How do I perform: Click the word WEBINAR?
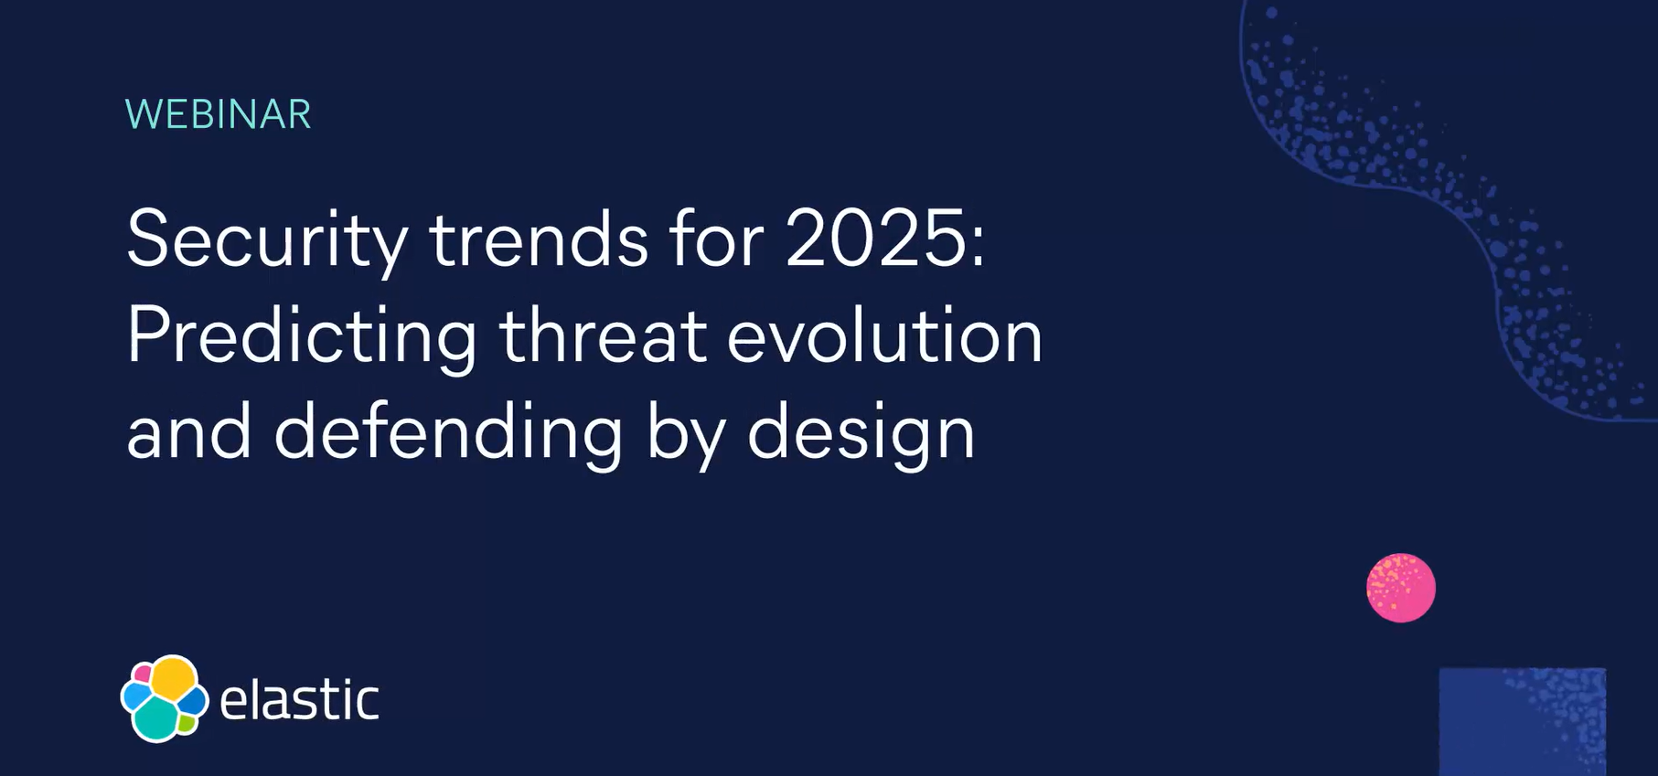point(218,114)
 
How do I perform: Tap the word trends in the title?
point(539,239)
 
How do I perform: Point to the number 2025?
point(873,239)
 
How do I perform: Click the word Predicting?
point(302,337)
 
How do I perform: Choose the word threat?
point(603,335)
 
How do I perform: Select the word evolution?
point(884,335)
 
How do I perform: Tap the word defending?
point(448,432)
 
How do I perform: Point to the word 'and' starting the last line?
point(188,432)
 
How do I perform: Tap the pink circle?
point(1400,588)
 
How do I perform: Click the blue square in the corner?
point(1522,721)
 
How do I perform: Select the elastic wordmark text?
point(299,700)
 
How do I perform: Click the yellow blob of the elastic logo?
point(173,679)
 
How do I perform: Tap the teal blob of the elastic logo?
point(156,718)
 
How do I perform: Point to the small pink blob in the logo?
point(142,675)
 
